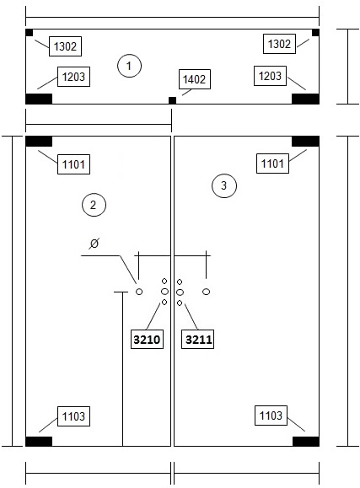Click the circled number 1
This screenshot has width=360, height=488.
point(129,66)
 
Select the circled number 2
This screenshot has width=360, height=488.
point(94,205)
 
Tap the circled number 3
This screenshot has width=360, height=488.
point(224,185)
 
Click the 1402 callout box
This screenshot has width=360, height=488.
point(195,79)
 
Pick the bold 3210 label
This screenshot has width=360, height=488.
point(147,339)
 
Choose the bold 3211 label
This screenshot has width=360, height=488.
point(198,339)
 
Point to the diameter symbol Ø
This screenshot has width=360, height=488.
point(94,244)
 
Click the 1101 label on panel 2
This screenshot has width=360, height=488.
point(73,164)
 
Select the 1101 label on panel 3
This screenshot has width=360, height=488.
point(272,164)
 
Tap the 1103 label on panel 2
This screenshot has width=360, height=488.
point(73,416)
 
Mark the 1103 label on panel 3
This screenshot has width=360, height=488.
point(271,416)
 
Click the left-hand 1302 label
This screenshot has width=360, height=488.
point(65,46)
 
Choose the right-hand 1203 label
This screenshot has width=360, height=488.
point(270,76)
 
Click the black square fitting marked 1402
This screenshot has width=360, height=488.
point(172,100)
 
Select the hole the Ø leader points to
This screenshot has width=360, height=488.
point(139,292)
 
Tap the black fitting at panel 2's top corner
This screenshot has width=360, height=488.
point(39,142)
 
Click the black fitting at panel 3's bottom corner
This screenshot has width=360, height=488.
point(306,442)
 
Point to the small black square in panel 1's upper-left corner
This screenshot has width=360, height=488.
point(30,33)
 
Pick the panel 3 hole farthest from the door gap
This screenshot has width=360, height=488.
point(207,292)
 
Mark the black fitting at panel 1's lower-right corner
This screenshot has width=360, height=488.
point(305,99)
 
